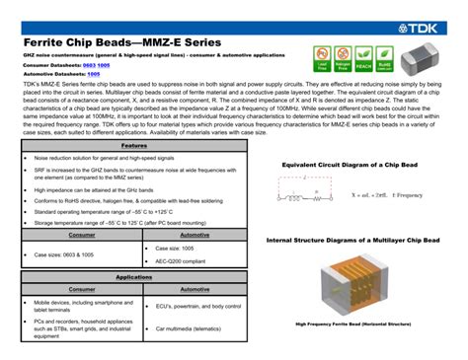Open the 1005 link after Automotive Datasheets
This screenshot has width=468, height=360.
point(94,74)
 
